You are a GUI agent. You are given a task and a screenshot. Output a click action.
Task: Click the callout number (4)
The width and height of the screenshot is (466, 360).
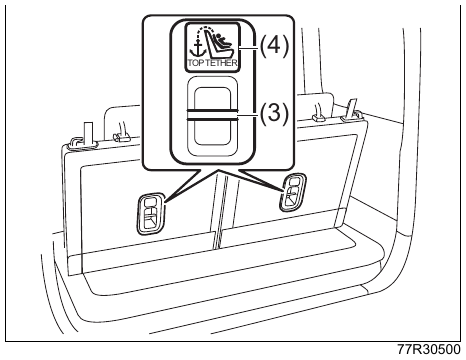(x=273, y=46)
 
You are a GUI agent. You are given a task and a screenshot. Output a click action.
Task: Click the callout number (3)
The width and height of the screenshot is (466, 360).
(x=273, y=114)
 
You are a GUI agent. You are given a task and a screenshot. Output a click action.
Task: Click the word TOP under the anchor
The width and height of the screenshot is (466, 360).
(x=196, y=63)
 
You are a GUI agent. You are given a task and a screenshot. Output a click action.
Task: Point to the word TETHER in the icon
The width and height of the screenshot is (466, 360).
(x=222, y=63)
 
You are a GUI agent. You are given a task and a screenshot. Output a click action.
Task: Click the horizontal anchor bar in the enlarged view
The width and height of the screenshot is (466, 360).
(x=212, y=114)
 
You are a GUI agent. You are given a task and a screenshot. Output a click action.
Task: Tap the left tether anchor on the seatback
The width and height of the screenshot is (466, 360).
(x=151, y=212)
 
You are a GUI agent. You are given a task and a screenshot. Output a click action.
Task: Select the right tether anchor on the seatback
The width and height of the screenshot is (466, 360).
(x=293, y=192)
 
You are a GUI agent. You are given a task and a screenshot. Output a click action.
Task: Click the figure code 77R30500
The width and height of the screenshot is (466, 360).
(x=429, y=349)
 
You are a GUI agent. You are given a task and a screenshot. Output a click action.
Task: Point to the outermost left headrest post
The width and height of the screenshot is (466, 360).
(x=88, y=133)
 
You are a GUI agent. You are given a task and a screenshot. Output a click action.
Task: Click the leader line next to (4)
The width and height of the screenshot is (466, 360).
(x=248, y=48)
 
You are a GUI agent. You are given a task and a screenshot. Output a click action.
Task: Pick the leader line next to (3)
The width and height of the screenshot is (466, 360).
(x=248, y=115)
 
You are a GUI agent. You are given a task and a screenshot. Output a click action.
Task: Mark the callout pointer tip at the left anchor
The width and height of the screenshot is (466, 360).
(x=165, y=201)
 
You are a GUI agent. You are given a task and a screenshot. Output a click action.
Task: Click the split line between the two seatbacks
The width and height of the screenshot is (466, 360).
(x=217, y=210)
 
